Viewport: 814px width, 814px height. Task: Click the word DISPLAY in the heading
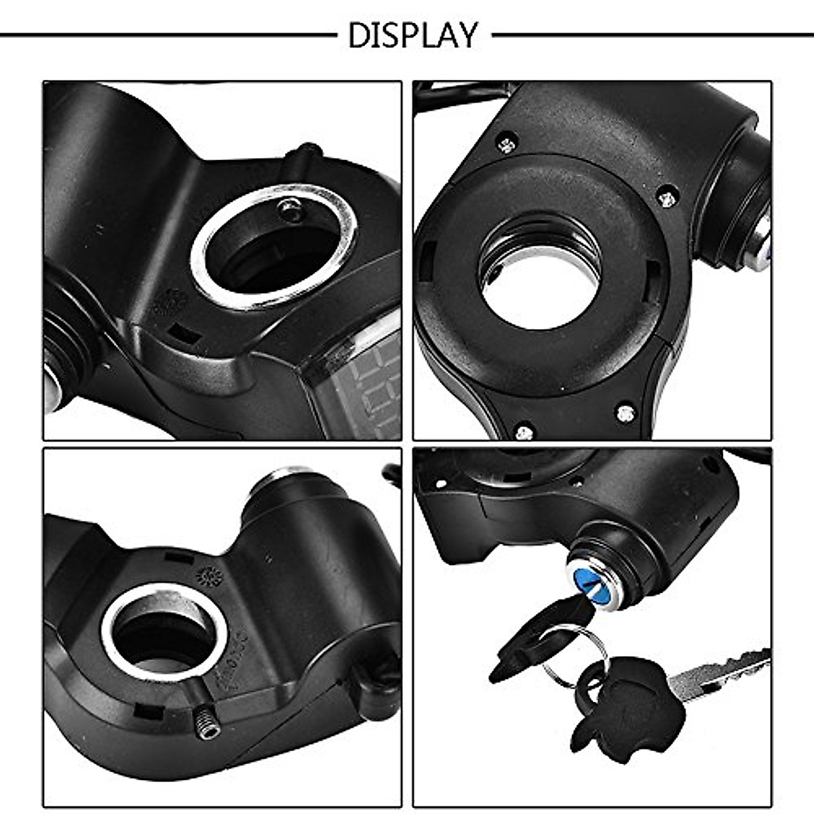point(412,35)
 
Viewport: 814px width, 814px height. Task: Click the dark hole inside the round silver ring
point(163,638)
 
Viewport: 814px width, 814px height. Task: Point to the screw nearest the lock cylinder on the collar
point(667,198)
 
